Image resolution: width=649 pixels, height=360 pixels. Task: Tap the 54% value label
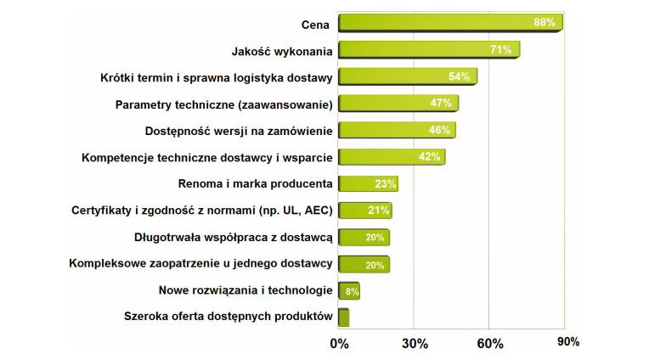(x=459, y=76)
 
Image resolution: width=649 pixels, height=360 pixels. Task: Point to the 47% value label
(x=441, y=104)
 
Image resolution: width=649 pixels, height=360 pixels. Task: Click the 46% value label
(x=439, y=130)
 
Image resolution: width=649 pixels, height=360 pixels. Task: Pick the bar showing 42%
(x=391, y=157)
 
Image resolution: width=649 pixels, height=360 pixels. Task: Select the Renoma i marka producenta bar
(x=367, y=183)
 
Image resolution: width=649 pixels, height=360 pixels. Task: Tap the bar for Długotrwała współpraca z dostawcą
(x=363, y=237)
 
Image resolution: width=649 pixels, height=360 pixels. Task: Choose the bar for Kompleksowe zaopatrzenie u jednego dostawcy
(x=363, y=264)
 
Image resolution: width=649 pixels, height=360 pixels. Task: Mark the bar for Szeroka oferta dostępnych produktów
(x=343, y=318)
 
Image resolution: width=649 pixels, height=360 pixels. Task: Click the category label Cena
(x=317, y=23)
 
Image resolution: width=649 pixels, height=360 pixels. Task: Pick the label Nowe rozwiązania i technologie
(x=245, y=290)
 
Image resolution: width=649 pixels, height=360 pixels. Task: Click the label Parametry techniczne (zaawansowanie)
(x=223, y=104)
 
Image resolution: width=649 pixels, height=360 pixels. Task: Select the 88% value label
(x=545, y=23)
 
